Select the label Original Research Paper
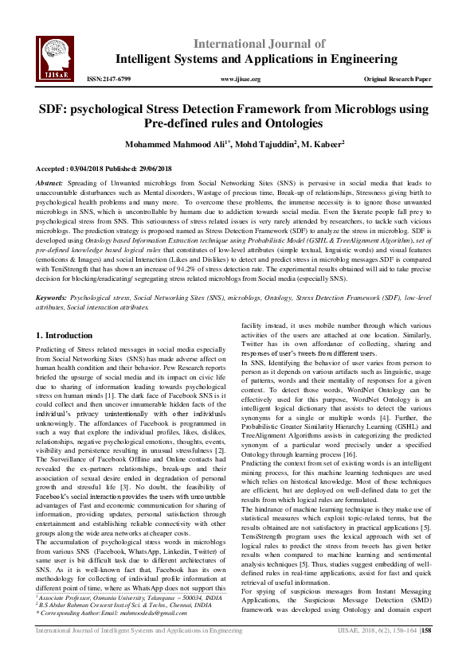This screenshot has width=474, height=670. [x=398, y=80]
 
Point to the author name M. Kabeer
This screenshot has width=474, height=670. [x=322, y=145]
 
